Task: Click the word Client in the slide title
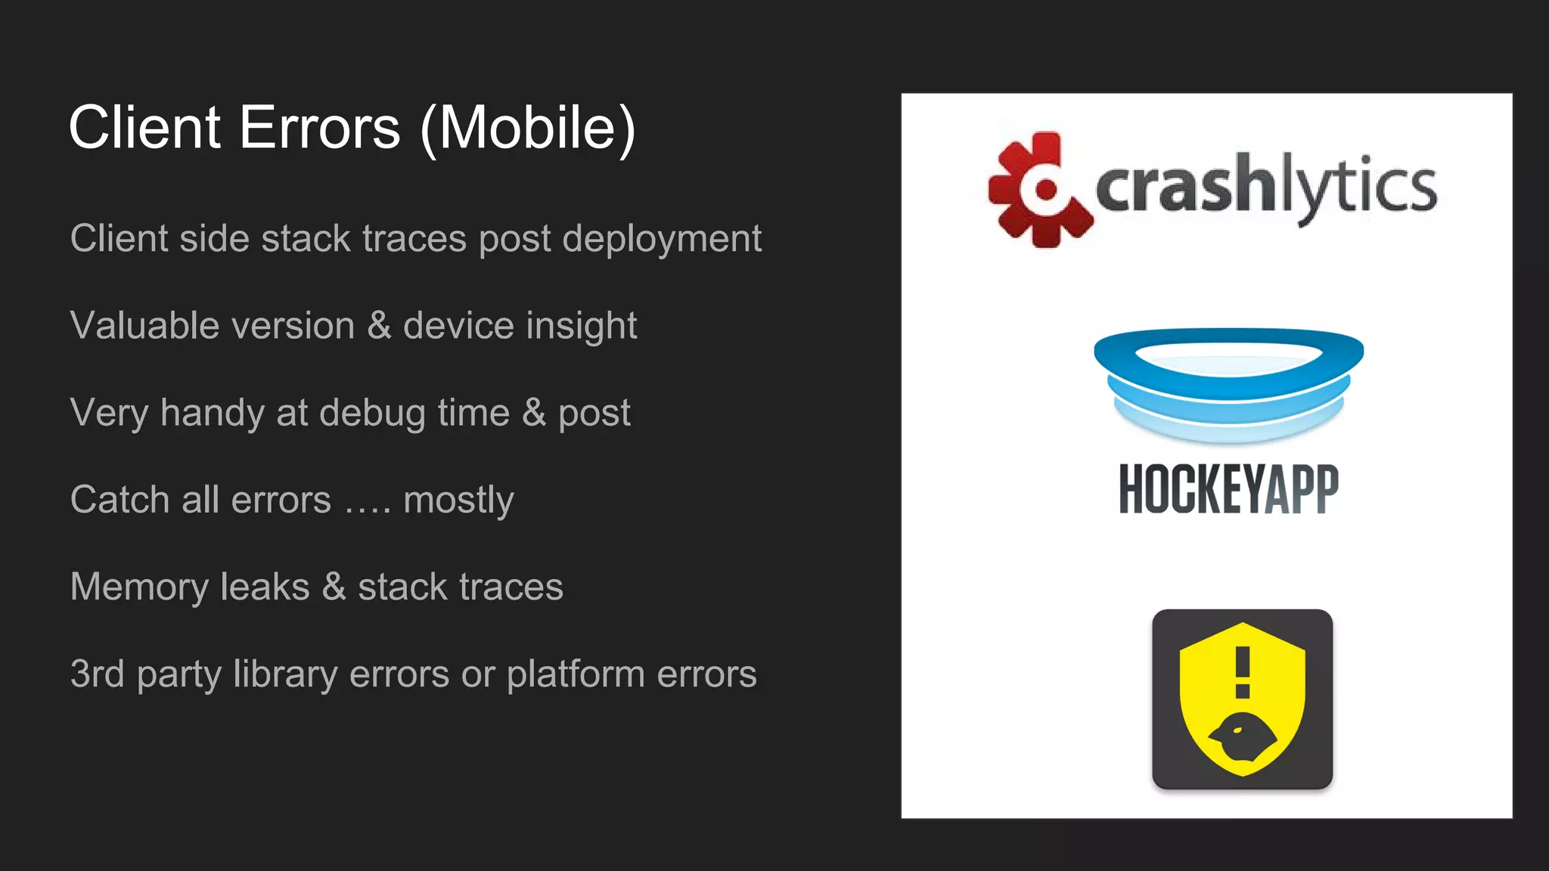144,128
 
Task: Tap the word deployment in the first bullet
662,240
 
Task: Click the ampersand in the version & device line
378,326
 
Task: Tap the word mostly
458,501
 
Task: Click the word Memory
139,587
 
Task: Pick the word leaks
265,587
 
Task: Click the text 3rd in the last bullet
97,674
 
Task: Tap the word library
285,674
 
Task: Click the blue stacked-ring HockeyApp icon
1228,384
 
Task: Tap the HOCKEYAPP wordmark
1228,489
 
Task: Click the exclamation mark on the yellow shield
1242,671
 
